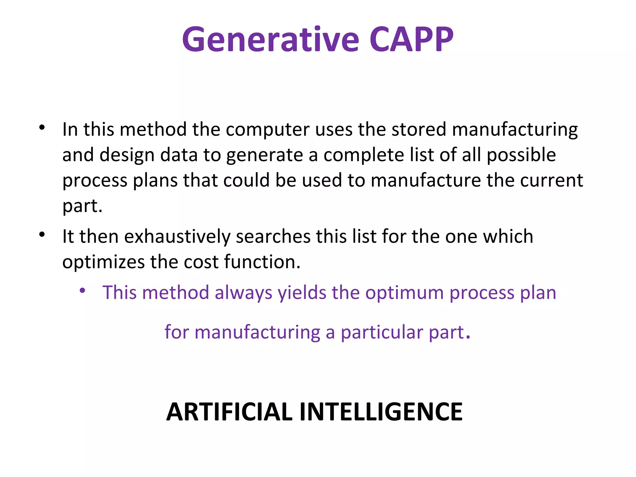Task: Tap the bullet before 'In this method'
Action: tap(42, 127)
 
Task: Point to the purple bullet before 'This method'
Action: tap(82, 291)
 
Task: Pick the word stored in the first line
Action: tap(418, 129)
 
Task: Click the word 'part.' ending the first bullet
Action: tap(82, 206)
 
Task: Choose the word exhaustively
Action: tap(177, 237)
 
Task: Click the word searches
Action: tap(273, 237)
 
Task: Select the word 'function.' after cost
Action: tap(262, 262)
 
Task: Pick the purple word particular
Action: tap(382, 333)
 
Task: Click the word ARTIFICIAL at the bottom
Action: tap(229, 412)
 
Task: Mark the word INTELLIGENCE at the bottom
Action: tap(381, 412)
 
